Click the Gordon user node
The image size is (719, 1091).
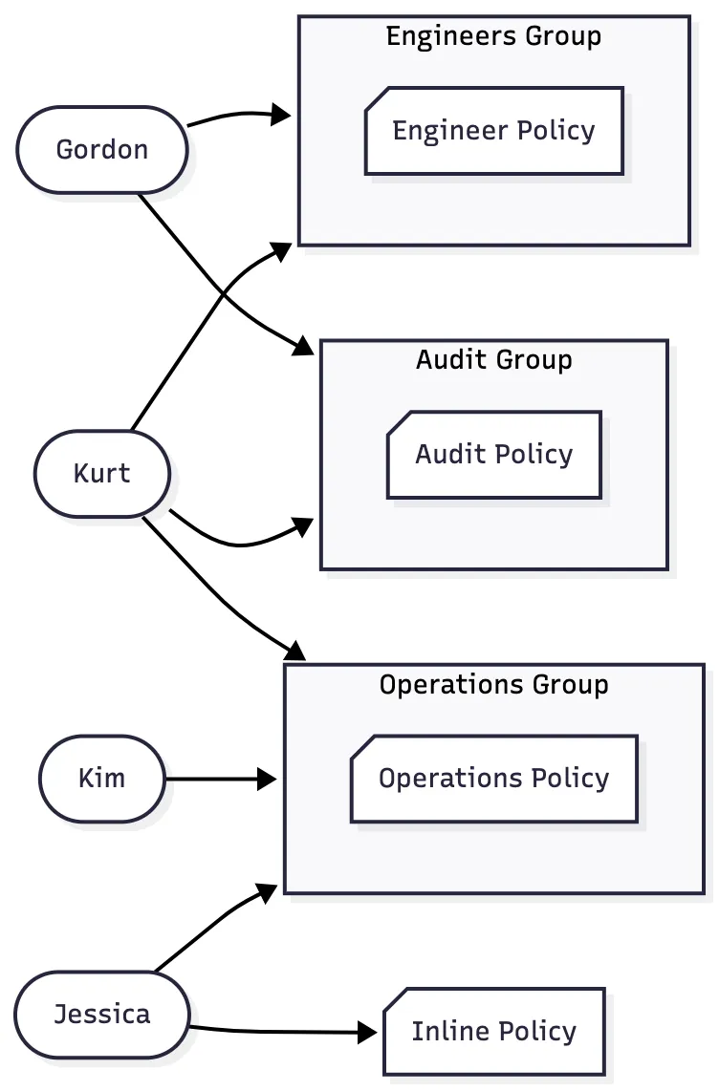tap(102, 150)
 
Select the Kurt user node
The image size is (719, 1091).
tap(102, 474)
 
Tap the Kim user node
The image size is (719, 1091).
tap(102, 779)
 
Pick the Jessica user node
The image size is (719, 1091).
tap(102, 1014)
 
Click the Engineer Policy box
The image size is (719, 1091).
tap(494, 131)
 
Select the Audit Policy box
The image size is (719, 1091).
tap(494, 455)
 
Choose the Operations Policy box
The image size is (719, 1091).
tap(494, 779)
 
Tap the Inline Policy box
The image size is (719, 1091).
tap(494, 1032)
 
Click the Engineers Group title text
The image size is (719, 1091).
tap(494, 37)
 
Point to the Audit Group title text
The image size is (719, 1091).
tap(494, 360)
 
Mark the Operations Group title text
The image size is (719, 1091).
tap(494, 685)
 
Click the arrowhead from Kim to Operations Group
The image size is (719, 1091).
tap(267, 780)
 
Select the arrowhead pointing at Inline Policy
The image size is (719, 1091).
tap(367, 1032)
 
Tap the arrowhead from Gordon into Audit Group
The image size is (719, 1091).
tap(303, 346)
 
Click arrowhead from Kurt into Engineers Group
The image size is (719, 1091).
tap(282, 250)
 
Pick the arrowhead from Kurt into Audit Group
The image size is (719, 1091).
tap(304, 526)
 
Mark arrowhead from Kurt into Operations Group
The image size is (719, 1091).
tap(294, 652)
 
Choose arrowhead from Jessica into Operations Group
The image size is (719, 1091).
tap(269, 893)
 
